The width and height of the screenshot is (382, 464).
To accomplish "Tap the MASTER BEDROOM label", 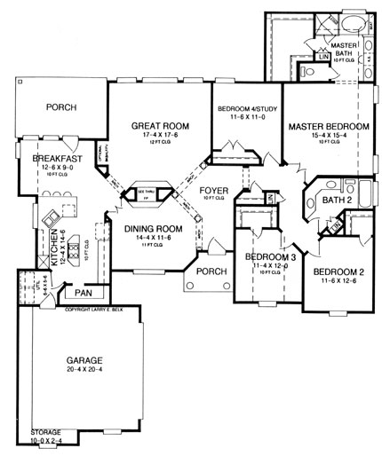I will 329,127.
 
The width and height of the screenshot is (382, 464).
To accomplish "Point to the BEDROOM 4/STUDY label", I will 247,109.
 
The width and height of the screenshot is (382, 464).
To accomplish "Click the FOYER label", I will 213,189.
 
